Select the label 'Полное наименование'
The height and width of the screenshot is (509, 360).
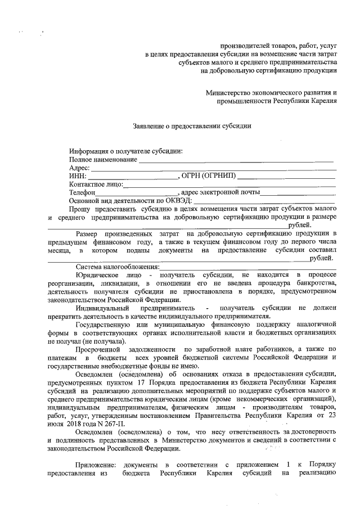(x=103, y=160)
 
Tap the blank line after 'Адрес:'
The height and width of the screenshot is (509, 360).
(x=214, y=168)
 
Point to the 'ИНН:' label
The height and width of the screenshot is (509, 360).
(x=78, y=176)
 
